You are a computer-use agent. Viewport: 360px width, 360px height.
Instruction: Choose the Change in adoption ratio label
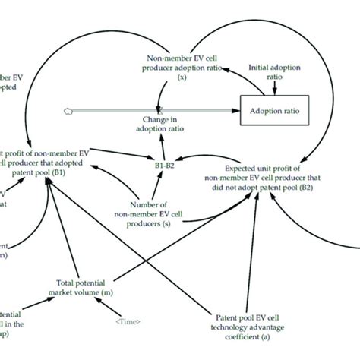[162, 125]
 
